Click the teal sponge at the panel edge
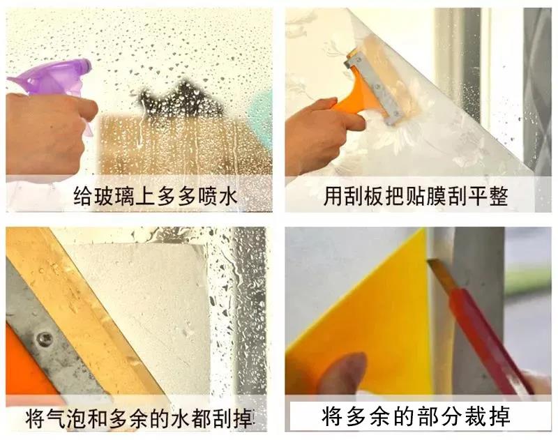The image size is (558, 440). [261, 109]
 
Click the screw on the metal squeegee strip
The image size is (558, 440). [45, 337]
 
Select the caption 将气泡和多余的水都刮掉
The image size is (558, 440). [140, 418]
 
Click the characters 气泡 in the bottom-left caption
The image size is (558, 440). [67, 418]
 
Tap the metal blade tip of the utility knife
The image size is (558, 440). [430, 261]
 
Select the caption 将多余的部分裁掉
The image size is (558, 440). [416, 416]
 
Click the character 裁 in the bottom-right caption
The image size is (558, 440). [476, 416]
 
